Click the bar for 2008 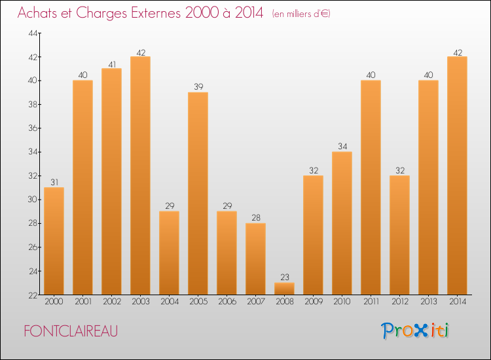tap(284, 289)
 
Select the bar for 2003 tap(140, 175)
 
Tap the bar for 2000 tap(54, 241)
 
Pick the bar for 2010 tap(342, 223)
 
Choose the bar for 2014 tap(457, 175)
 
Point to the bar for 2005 tap(198, 193)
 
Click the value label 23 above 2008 tap(284, 278)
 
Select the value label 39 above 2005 tap(198, 86)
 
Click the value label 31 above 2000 tap(54, 182)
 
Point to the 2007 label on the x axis tap(255, 302)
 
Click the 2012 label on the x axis tap(399, 302)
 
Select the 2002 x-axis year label tap(111, 302)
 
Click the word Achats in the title tap(41, 13)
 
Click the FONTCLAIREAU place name tap(71, 331)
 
